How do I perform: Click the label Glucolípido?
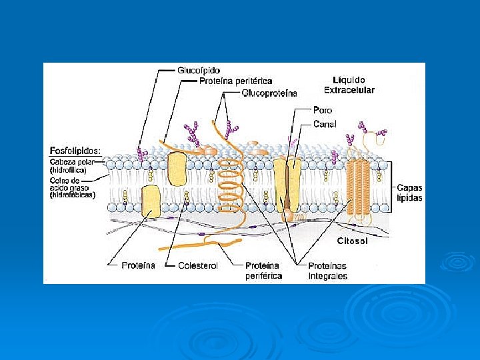click(199, 70)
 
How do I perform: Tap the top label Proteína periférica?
click(236, 81)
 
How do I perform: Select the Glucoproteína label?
click(269, 93)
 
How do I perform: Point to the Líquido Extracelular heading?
click(349, 85)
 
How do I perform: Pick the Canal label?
click(325, 123)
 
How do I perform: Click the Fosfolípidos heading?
click(75, 151)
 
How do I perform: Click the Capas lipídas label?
click(409, 193)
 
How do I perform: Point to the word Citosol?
click(352, 241)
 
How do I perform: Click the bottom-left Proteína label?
click(138, 265)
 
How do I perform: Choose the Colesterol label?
click(198, 265)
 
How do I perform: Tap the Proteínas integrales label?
click(327, 271)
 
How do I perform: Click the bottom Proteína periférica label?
click(263, 271)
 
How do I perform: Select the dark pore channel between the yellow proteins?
click(289, 187)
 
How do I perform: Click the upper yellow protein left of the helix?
click(177, 168)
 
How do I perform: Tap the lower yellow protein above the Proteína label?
click(151, 201)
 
